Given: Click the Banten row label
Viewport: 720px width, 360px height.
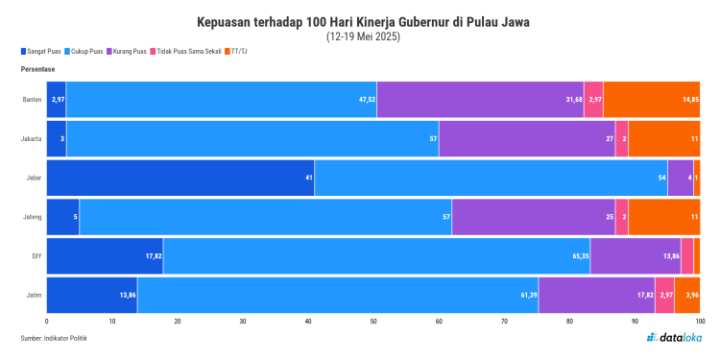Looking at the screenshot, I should pos(31,100).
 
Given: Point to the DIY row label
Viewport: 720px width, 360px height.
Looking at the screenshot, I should pos(35,256).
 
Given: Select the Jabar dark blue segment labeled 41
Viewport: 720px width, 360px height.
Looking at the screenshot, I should pos(180,178).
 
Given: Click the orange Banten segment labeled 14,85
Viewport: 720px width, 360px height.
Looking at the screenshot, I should pos(652,100).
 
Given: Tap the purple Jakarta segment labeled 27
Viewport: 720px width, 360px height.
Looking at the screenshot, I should pos(527,139).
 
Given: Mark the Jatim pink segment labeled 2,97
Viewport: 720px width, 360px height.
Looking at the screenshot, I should pos(664,295).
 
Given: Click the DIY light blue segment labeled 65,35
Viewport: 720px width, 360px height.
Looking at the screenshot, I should pos(376,256).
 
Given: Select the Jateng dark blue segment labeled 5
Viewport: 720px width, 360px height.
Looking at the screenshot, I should pos(62,217).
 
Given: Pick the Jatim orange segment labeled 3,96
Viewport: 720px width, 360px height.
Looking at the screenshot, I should pos(687,295).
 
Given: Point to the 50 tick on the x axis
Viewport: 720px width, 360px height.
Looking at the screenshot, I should pos(373,322).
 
